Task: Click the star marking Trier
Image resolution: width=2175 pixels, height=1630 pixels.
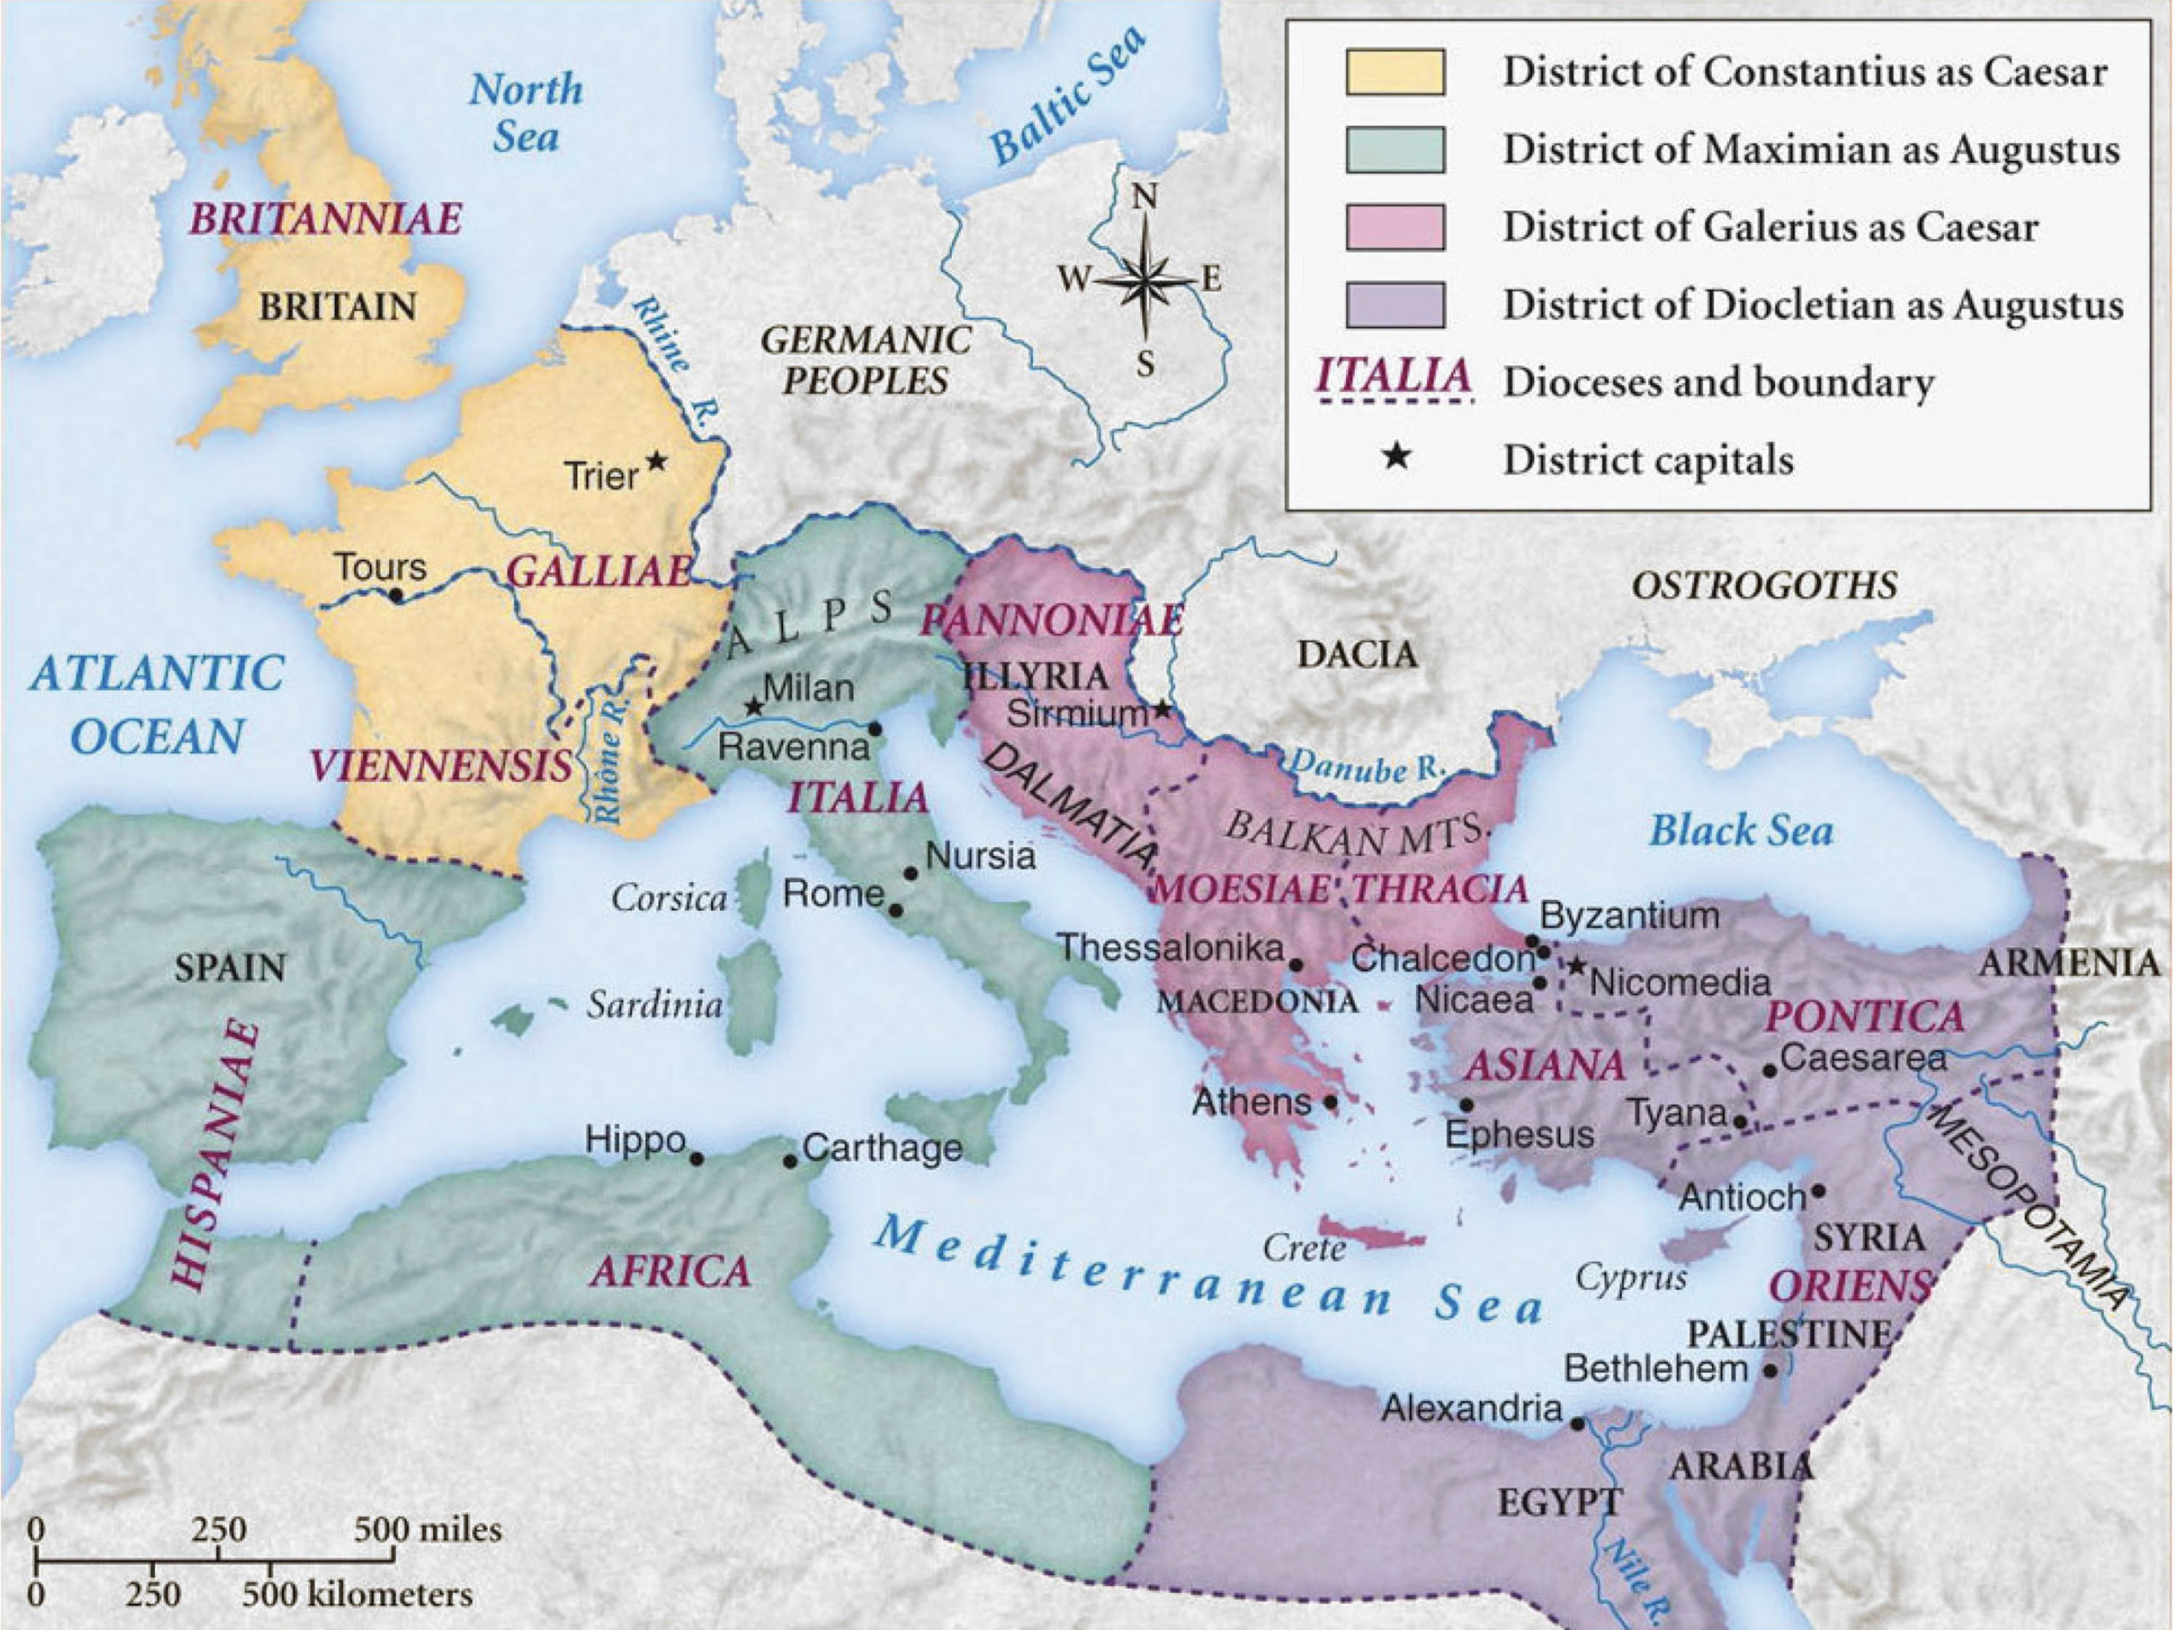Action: click(656, 460)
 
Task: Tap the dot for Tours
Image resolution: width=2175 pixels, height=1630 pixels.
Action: click(397, 595)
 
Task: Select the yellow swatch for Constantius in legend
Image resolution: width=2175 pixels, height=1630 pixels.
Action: click(1396, 72)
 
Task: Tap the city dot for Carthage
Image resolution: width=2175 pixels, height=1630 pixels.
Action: click(790, 1161)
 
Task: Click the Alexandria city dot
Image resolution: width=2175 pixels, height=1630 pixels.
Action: click(1577, 1423)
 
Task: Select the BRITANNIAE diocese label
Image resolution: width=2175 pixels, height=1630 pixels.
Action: click(326, 218)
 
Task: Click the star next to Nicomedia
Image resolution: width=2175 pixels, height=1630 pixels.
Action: click(1576, 966)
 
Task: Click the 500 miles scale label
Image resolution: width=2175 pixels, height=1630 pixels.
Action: click(428, 1530)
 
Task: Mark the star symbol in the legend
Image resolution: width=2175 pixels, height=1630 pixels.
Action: click(1396, 457)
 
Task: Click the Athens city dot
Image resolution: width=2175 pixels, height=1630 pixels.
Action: click(1330, 1102)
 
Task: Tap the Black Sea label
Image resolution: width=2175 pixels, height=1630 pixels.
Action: click(1741, 831)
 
